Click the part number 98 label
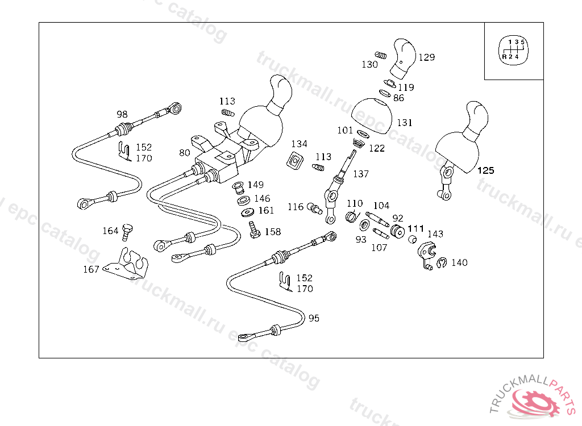click(122, 114)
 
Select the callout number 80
click(185, 153)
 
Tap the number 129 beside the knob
click(426, 57)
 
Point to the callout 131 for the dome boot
click(405, 123)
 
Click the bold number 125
click(485, 170)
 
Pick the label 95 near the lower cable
click(314, 318)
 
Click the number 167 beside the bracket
click(91, 269)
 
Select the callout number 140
click(459, 262)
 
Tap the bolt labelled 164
click(127, 232)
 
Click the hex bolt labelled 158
click(254, 230)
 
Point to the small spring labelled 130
click(380, 55)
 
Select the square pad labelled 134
click(295, 161)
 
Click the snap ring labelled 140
click(441, 263)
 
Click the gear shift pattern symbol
click(513, 51)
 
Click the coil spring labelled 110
click(352, 216)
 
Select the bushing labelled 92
click(397, 231)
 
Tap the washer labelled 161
click(247, 212)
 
